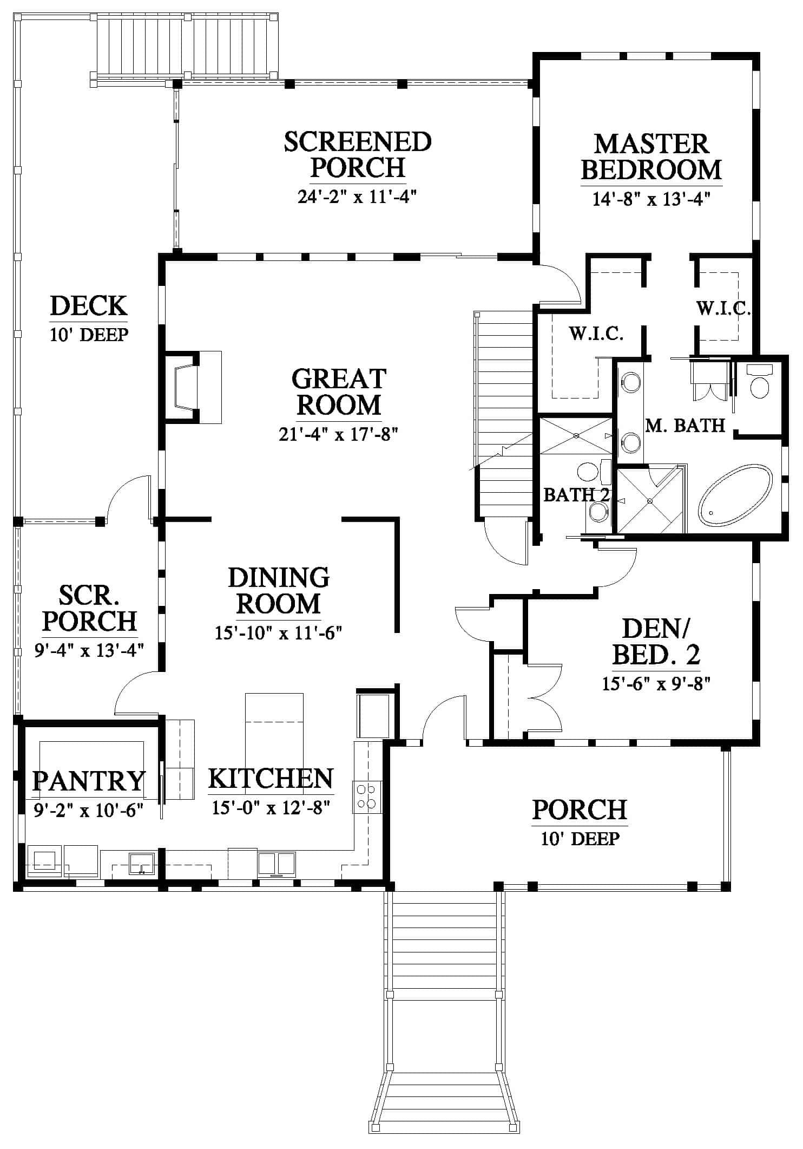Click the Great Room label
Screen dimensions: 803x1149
(339, 392)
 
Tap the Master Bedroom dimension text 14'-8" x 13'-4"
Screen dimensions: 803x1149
(651, 199)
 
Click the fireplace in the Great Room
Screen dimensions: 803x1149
(193, 387)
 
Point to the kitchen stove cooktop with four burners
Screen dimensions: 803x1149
(367, 797)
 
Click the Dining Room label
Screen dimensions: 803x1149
(279, 591)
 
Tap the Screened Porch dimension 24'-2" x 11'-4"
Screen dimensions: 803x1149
(357, 196)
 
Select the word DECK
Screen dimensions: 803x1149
(89, 306)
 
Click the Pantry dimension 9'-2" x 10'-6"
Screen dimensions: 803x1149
(88, 811)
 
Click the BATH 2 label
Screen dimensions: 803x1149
(576, 494)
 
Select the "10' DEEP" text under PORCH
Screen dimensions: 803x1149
(580, 839)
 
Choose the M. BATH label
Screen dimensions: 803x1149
(685, 426)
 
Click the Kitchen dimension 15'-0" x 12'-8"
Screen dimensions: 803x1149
(271, 808)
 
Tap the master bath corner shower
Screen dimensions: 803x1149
(650, 500)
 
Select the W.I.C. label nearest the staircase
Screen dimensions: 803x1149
(596, 334)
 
